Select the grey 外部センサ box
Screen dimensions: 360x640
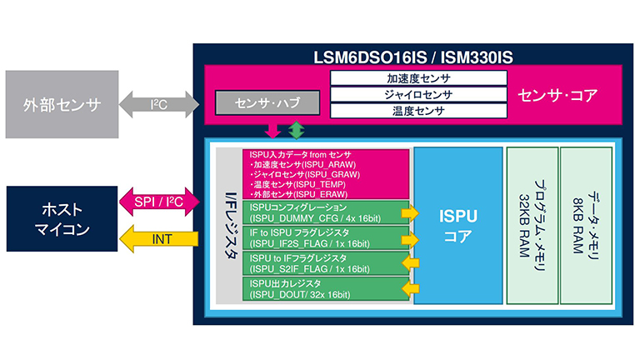click(62, 105)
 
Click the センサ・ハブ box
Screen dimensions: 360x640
click(266, 102)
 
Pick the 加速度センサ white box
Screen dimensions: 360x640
click(418, 77)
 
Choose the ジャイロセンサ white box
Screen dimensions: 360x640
click(418, 93)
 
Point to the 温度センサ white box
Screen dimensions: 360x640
click(418, 109)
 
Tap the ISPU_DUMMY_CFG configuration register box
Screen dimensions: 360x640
click(326, 212)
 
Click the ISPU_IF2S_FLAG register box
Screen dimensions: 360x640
click(326, 237)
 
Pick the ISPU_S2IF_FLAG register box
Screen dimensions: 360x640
click(326, 262)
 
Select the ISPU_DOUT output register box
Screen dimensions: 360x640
click(326, 288)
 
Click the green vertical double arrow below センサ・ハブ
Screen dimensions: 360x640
click(296, 131)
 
